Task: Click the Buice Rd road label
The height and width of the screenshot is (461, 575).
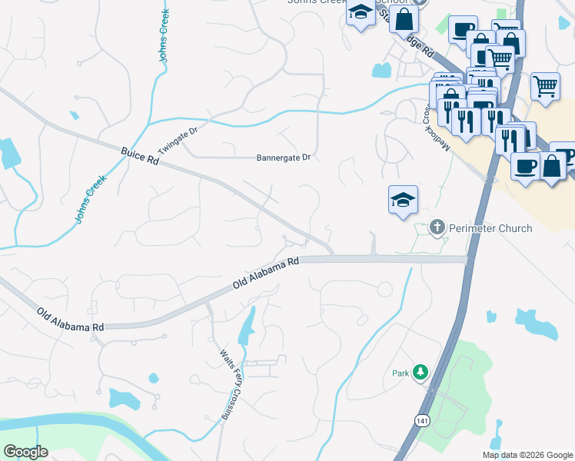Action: pos(139,157)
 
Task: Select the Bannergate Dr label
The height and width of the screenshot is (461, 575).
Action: pos(283,158)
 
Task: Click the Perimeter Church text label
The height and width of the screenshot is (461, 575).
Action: pos(490,228)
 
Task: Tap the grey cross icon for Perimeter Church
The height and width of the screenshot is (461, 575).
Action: pos(437,227)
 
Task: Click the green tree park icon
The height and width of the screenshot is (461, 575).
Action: pos(420,373)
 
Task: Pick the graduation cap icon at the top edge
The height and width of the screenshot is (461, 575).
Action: pos(360,13)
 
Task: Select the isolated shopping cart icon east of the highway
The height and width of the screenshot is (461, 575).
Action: pos(545,86)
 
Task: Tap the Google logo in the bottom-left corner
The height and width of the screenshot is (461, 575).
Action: pos(25,452)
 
